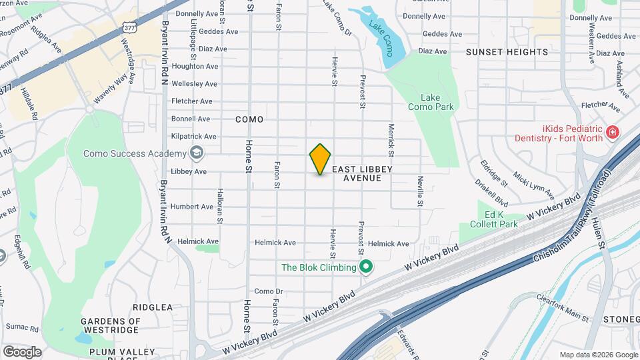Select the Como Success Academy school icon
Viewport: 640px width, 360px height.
[196, 154]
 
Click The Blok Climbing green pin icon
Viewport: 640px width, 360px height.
[365, 268]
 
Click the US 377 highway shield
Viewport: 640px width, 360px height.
[129, 27]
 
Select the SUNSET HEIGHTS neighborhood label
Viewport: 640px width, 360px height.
[500, 51]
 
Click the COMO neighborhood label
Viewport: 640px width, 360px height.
[249, 119]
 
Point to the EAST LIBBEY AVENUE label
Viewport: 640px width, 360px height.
[361, 174]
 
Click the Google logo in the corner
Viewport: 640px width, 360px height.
[22, 351]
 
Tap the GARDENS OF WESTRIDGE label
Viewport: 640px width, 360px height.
[111, 325]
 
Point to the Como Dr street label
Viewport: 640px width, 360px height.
[269, 291]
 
